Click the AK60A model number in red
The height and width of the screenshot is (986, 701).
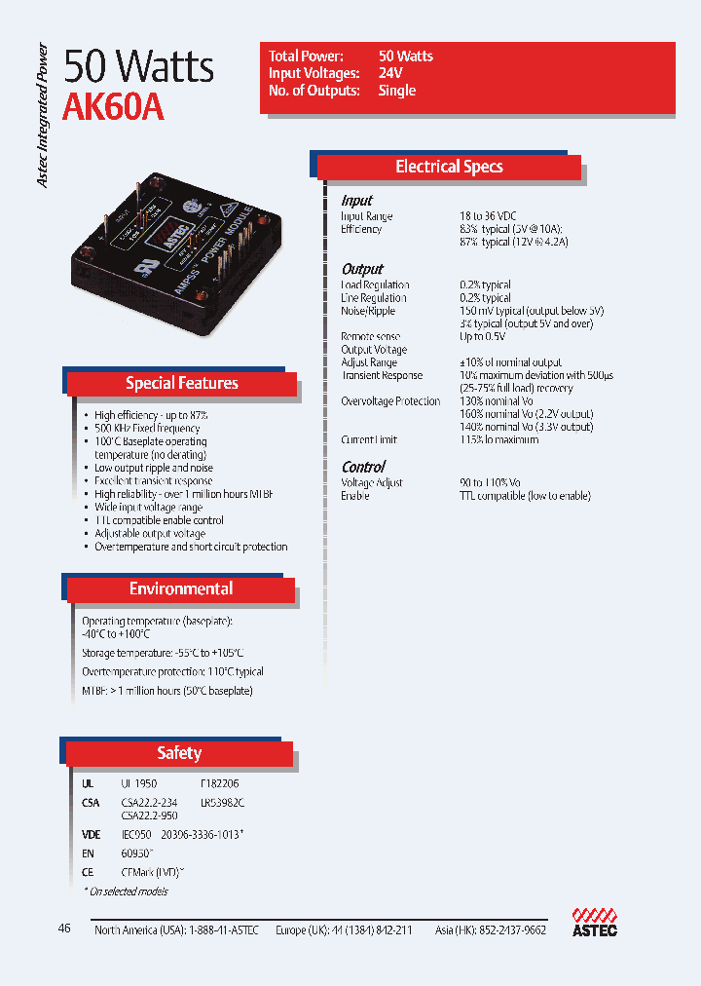point(113,108)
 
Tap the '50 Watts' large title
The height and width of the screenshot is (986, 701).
point(138,66)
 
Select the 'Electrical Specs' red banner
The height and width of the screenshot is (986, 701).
point(449,167)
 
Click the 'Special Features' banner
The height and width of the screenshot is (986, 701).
point(181,383)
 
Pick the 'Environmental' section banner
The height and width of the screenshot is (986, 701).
point(181,588)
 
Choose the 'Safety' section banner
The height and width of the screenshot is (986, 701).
point(179,753)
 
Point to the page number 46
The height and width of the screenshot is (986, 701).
point(64,929)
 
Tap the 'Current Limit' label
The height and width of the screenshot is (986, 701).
point(369,439)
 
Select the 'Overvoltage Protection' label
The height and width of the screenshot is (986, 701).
point(390,401)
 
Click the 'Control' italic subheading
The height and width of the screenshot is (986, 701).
point(363,467)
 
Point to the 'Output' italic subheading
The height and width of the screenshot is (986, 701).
point(362,269)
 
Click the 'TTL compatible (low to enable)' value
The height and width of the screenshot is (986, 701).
point(525,496)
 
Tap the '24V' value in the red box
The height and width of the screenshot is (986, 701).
point(391,73)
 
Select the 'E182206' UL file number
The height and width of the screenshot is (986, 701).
point(219,783)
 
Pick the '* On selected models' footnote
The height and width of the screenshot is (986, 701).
point(125,891)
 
